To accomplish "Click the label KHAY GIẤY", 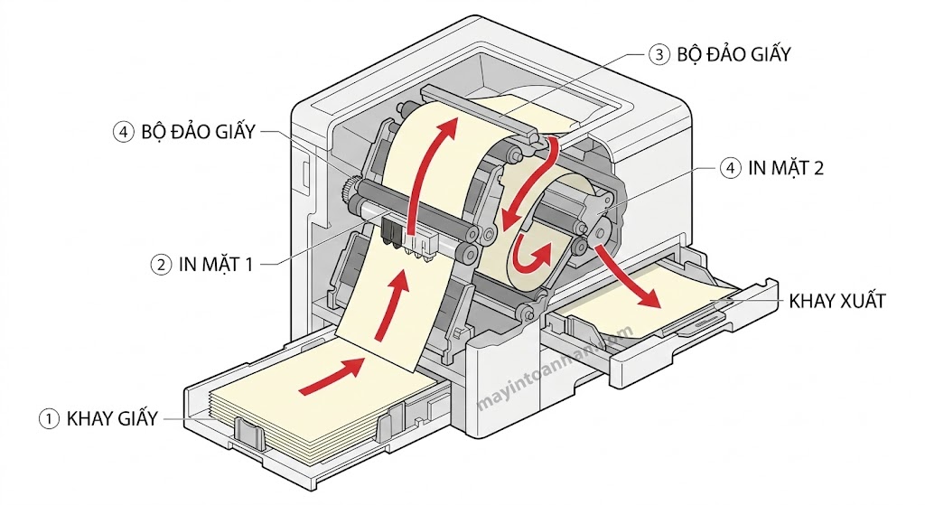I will click(112, 418).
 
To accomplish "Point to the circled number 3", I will click(659, 54).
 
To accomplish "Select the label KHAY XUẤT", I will click(836, 301).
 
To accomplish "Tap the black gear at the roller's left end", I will click(347, 192).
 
